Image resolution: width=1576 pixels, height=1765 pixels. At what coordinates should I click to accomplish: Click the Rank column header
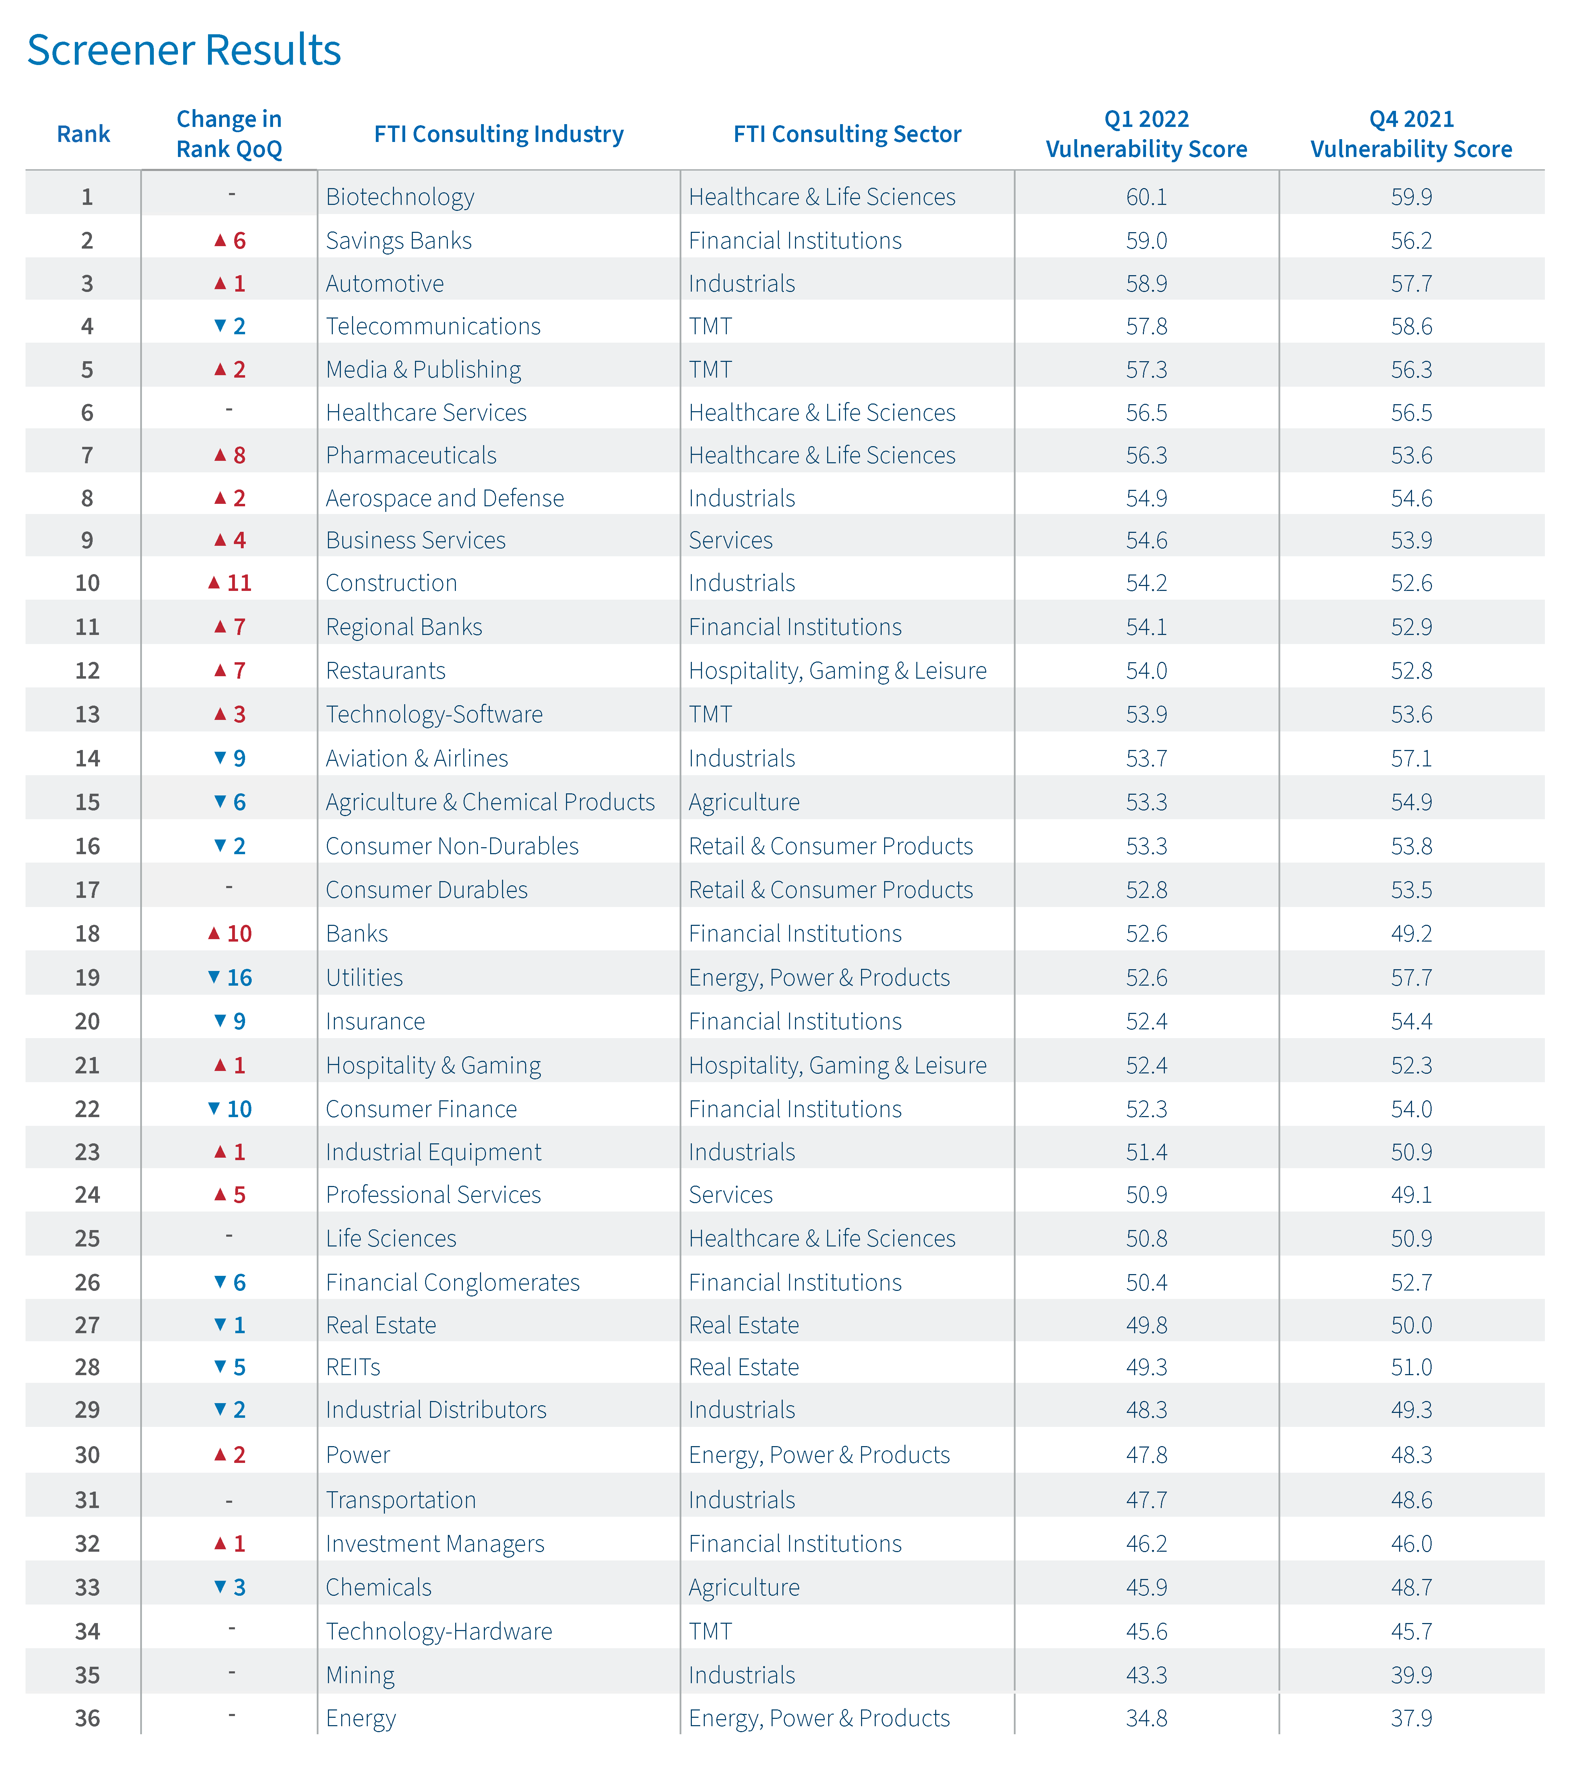point(83,134)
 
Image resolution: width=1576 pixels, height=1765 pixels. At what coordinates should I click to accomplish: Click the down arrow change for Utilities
point(229,978)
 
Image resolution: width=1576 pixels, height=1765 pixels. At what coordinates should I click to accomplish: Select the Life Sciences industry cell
point(391,1238)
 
